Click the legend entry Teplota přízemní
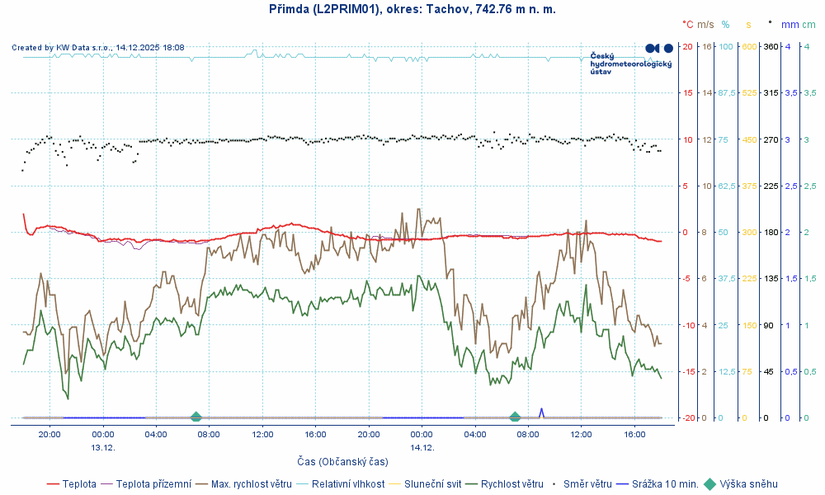pyautogui.click(x=153, y=484)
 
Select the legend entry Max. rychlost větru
pyautogui.click(x=252, y=484)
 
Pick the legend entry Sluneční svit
pyautogui.click(x=433, y=484)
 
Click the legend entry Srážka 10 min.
pyautogui.click(x=665, y=484)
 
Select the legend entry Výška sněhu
pyautogui.click(x=748, y=484)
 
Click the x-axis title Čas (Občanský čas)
pyautogui.click(x=342, y=461)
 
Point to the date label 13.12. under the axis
pyautogui.click(x=102, y=447)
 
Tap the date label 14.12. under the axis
pyautogui.click(x=422, y=447)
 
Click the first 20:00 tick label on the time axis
pyautogui.click(x=49, y=434)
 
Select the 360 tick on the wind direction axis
pyautogui.click(x=771, y=46)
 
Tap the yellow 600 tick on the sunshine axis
pyautogui.click(x=749, y=46)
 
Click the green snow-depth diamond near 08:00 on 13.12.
pyautogui.click(x=196, y=417)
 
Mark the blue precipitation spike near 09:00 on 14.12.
pyautogui.click(x=542, y=411)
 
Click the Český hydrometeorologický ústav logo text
pyautogui.click(x=631, y=64)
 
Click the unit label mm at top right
pyautogui.click(x=790, y=25)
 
